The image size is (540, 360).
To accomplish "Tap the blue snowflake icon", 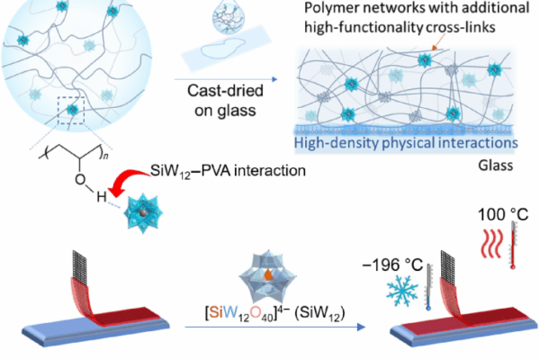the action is (402, 291).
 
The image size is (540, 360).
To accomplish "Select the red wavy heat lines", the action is (491, 243).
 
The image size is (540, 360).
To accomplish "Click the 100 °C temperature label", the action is (503, 214).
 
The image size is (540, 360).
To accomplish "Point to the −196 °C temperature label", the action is (392, 265).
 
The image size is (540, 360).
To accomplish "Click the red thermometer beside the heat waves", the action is (513, 245).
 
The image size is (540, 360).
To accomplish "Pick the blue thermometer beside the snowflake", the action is (428, 287).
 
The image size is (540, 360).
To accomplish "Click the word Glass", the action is (496, 166).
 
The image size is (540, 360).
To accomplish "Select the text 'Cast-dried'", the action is (225, 91).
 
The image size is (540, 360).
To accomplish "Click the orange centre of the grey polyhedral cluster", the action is (267, 274).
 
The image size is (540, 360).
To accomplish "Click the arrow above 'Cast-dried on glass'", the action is (226, 79).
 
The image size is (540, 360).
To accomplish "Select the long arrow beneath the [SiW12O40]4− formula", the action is (274, 327).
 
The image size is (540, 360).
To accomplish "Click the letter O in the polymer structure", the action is (80, 179).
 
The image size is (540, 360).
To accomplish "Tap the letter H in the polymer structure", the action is (101, 197).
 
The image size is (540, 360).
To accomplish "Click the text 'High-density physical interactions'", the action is (406, 143).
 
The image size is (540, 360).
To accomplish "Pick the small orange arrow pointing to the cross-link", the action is (438, 42).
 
